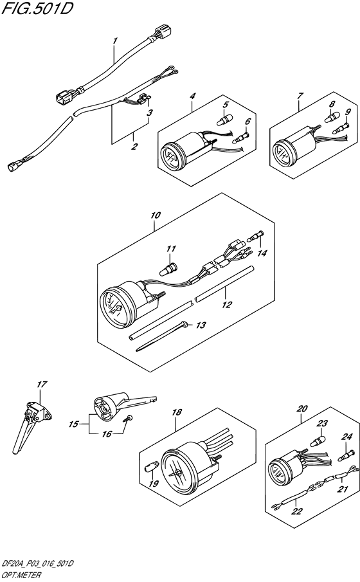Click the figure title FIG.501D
[37, 9]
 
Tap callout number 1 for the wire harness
[116, 41]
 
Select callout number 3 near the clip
[149, 113]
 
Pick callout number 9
[347, 111]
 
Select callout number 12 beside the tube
[226, 305]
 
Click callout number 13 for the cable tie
[201, 325]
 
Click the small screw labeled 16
[128, 418]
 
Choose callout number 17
[42, 384]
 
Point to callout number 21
[343, 489]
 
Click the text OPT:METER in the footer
[21, 576]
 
